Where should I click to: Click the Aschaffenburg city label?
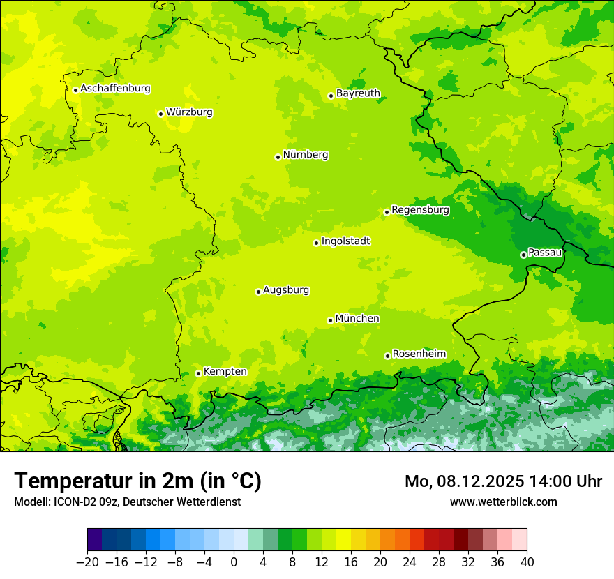(115, 89)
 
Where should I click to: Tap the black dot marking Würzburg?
(160, 114)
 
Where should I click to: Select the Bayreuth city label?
(358, 93)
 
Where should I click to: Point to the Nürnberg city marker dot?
(278, 157)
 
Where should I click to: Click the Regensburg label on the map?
(420, 210)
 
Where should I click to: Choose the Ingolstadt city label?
(345, 241)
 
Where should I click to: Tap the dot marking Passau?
(523, 255)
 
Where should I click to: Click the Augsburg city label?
(286, 290)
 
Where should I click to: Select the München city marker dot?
(330, 320)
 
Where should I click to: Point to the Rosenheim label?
(419, 354)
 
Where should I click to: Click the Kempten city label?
(225, 372)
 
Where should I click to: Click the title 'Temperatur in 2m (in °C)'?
(137, 481)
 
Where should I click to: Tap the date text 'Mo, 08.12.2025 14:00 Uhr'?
(503, 481)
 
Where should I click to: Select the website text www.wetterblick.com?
(503, 502)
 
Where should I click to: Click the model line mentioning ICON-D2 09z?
(127, 502)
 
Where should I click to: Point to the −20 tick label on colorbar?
(87, 562)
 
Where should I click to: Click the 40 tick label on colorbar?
(527, 562)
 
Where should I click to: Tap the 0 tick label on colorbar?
(234, 562)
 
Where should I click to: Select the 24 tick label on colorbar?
(410, 562)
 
